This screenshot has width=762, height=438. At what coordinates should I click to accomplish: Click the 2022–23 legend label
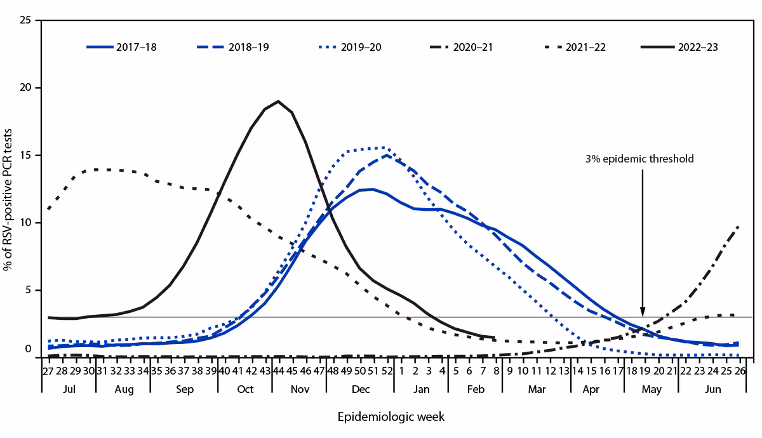[x=697, y=47]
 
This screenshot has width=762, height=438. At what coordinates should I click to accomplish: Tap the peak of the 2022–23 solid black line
[x=278, y=101]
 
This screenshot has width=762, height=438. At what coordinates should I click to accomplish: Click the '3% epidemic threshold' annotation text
[x=639, y=159]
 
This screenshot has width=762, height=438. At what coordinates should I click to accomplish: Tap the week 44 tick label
[x=278, y=371]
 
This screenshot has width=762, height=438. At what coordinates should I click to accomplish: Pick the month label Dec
[x=360, y=389]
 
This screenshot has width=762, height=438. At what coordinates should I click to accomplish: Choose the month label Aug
[x=123, y=389]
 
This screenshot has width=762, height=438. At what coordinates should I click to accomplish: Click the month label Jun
[x=712, y=389]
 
